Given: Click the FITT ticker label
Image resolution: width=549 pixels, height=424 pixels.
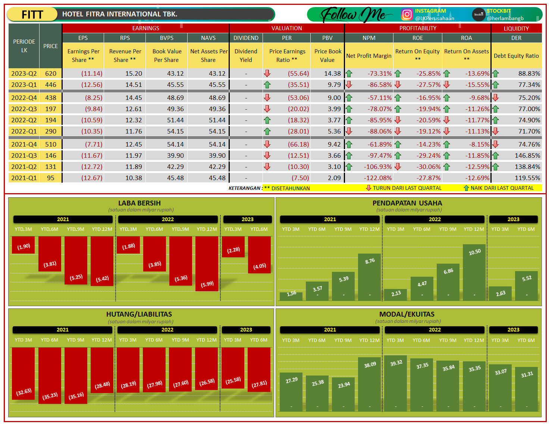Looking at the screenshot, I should point(32,15).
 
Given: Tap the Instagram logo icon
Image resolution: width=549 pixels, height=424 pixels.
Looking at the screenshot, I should point(407,15).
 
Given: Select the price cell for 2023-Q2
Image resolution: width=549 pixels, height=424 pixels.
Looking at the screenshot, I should point(51,73).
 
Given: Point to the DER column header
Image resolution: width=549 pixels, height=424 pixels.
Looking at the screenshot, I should point(516,38).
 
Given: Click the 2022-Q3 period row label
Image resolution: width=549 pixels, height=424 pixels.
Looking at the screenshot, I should point(24,109).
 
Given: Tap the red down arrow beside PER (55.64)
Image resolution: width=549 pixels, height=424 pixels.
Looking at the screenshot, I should point(267,73).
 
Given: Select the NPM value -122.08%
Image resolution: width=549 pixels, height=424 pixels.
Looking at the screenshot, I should point(378,178).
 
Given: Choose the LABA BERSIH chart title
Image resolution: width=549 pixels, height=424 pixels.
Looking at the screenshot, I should point(139,203).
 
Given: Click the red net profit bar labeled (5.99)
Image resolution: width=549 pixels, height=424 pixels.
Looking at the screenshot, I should point(207,263).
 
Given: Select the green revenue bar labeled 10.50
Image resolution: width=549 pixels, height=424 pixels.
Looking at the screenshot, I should point(474,272).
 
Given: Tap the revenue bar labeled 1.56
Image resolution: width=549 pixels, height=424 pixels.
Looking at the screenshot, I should point(291,296).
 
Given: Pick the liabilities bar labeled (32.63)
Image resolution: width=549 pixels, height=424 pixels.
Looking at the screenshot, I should point(23,373).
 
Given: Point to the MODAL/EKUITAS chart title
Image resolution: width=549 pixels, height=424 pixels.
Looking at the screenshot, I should point(407,314).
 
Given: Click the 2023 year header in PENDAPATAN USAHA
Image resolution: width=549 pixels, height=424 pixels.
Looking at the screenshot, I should point(513,219).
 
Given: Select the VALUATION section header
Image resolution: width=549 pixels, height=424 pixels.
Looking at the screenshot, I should point(286,28).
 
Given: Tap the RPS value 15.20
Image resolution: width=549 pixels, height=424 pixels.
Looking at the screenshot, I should point(134,73).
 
